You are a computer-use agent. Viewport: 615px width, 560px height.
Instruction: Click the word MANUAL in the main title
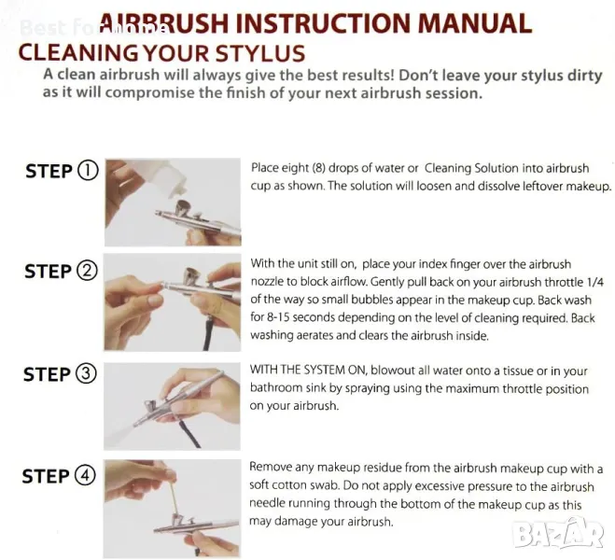[x=475, y=23]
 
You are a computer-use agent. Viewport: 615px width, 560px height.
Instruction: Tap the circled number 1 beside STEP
[x=88, y=171]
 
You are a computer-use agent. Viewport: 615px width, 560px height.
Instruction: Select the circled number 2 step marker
[x=87, y=271]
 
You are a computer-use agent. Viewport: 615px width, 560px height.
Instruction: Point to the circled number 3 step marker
[x=86, y=373]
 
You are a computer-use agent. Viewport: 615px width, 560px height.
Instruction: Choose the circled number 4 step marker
[x=85, y=476]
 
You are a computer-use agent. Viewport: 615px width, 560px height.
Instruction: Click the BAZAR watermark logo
[x=558, y=533]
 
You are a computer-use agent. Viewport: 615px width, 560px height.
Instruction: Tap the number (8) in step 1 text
[x=318, y=168]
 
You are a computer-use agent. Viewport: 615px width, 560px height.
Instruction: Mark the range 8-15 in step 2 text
[x=278, y=317]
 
